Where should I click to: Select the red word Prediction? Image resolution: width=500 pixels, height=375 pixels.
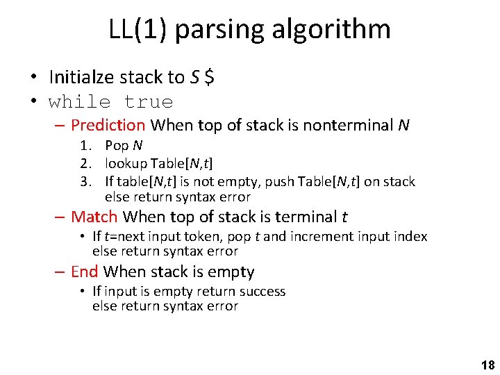point(108,126)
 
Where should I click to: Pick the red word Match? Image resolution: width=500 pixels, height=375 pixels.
point(94,217)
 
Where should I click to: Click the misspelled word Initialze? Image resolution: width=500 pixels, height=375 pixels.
point(78,77)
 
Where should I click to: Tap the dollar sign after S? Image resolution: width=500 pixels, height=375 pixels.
point(209,77)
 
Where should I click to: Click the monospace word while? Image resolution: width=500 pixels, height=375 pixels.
point(79,102)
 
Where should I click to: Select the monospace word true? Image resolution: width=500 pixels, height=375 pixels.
point(148,102)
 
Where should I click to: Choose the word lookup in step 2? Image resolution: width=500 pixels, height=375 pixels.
point(126,163)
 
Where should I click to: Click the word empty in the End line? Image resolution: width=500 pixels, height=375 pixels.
point(234,272)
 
